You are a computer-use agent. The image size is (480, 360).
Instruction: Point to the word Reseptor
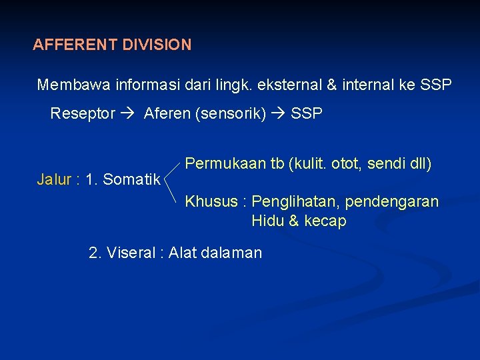coord(83,113)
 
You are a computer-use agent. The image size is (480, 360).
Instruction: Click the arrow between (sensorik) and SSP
coord(279,113)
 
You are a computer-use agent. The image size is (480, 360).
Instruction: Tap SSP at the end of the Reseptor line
coord(307,113)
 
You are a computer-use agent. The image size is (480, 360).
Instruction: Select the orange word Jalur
coord(55,179)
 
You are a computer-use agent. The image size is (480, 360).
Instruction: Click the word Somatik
coord(131,179)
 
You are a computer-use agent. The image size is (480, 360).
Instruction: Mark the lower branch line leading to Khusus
coord(173,189)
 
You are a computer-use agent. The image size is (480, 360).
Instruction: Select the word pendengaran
coord(400,201)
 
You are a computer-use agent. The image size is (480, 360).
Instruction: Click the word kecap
coord(325,221)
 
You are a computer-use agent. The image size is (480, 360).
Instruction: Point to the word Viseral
coord(129,253)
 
